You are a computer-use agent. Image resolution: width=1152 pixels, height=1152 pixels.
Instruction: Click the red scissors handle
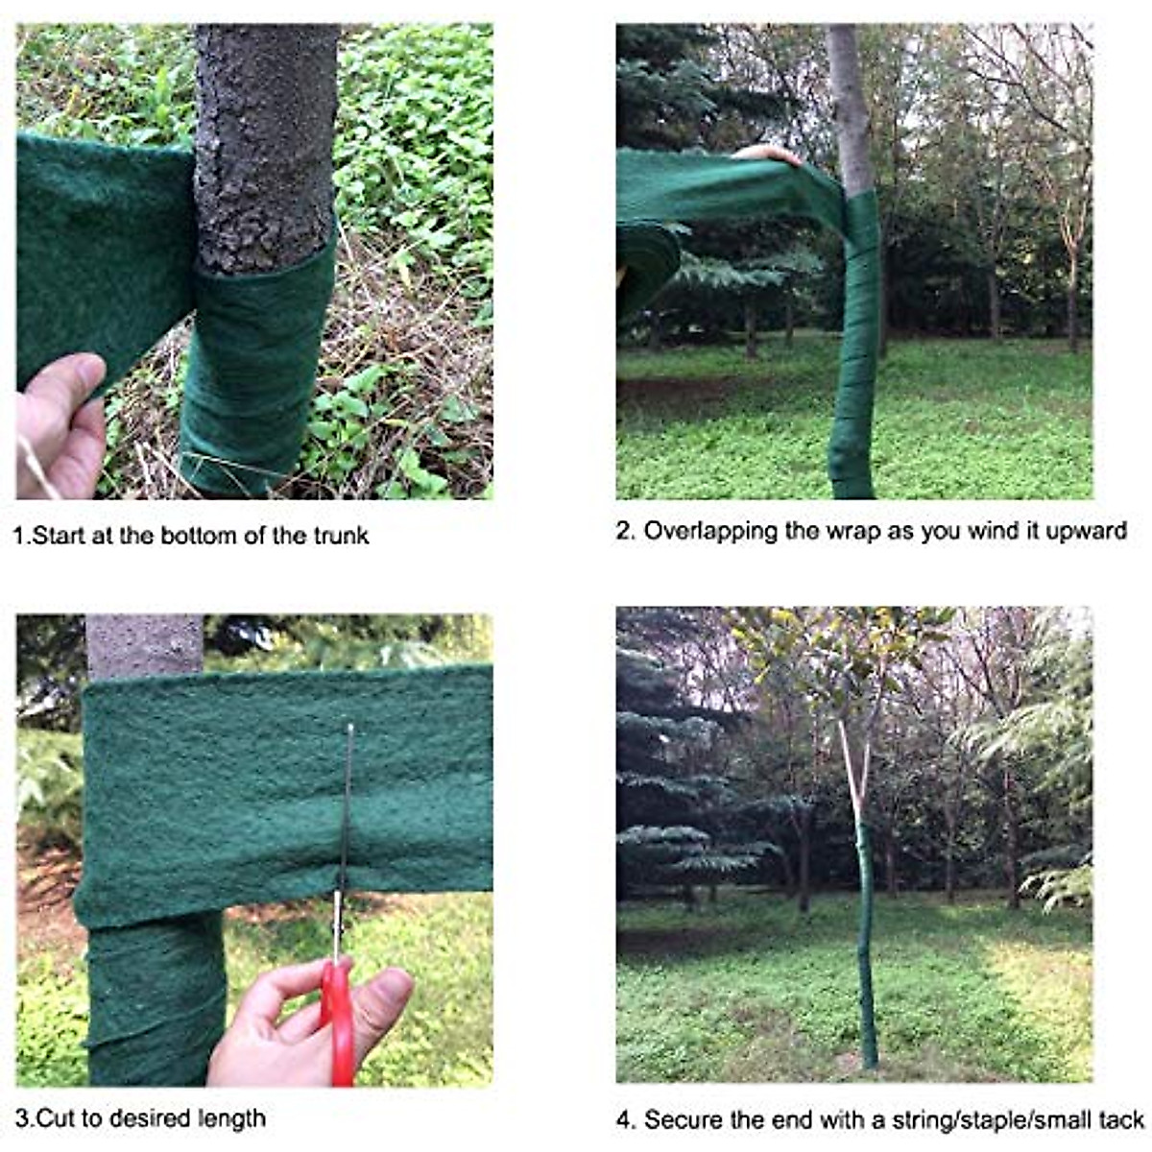point(337,1021)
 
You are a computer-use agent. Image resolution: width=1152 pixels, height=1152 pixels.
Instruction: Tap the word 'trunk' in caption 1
point(341,536)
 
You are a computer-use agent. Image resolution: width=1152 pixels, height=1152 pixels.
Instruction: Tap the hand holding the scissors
point(288,1022)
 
